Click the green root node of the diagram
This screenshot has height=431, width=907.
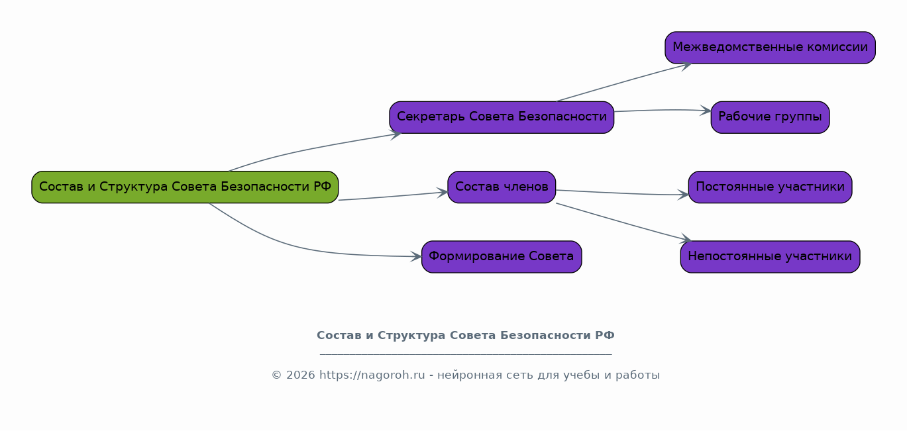click(x=185, y=187)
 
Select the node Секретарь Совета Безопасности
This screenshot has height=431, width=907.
click(x=502, y=117)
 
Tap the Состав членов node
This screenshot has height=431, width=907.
click(x=502, y=187)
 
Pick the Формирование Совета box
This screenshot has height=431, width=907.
click(x=502, y=257)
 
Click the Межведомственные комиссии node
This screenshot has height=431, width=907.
click(x=770, y=48)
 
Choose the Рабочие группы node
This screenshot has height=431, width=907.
click(x=770, y=117)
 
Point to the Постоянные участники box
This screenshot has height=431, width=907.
click(x=770, y=187)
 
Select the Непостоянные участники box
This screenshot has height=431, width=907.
click(x=770, y=257)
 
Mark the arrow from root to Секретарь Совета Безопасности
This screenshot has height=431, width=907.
click(x=311, y=149)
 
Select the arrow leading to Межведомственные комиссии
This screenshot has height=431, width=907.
click(x=623, y=83)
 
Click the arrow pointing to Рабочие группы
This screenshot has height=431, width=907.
click(x=663, y=110)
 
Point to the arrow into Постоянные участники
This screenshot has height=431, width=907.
click(x=623, y=193)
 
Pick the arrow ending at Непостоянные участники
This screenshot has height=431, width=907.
click(x=623, y=222)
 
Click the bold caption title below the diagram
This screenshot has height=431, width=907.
click(x=465, y=336)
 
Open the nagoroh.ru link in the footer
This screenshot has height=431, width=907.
click(x=372, y=375)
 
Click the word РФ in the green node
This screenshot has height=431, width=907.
click(x=323, y=187)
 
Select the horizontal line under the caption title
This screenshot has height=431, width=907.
click(x=465, y=354)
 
